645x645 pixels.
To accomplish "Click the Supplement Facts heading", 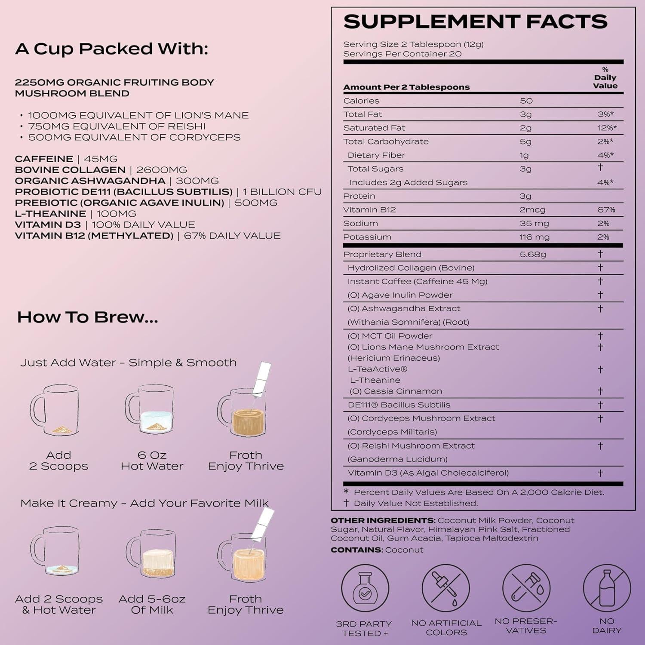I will point(475,21).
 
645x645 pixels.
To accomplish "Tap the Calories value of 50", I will point(526,101).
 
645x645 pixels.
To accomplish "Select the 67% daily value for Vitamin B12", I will point(606,210).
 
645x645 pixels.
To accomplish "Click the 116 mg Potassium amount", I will point(534,237).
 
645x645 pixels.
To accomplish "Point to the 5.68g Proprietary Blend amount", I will point(533,254).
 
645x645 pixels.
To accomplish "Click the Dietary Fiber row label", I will point(376,155).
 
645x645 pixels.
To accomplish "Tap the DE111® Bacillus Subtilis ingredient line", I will point(399,405).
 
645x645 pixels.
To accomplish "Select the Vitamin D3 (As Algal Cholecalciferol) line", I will point(428,473).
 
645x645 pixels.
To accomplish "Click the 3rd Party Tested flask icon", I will point(365,589).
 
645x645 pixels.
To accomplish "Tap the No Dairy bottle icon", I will point(607,588).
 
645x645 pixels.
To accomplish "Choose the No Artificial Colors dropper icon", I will point(445,589).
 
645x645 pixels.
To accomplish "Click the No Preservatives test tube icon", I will point(526,588).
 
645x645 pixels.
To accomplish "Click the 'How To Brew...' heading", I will point(88,317).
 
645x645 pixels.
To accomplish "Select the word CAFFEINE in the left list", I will point(44,159).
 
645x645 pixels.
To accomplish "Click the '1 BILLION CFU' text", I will point(282,192).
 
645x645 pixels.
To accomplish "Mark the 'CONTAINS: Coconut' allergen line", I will point(377,550).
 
